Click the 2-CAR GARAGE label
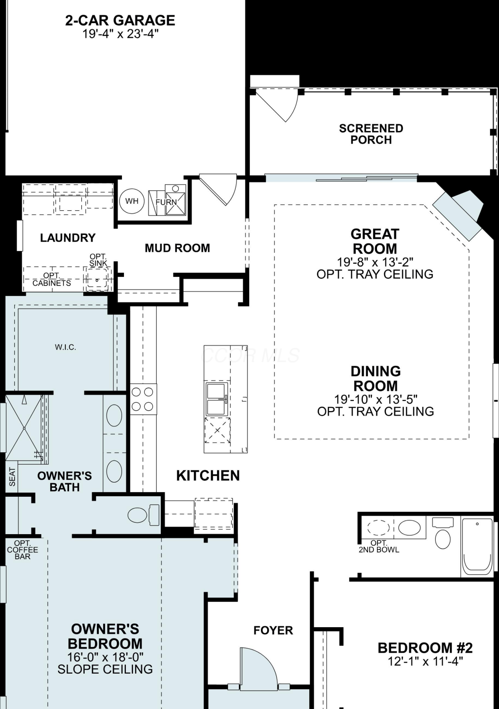[120, 21]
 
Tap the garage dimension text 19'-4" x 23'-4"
[120, 34]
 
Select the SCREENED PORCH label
[371, 134]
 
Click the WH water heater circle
[132, 201]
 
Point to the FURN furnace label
[166, 202]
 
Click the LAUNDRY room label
[68, 238]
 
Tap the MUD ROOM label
[177, 248]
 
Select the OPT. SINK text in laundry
[98, 260]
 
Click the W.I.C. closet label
[66, 347]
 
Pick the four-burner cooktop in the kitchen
[143, 399]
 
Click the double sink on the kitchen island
[217, 399]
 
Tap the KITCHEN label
[208, 476]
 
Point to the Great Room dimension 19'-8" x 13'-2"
[375, 262]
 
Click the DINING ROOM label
[376, 379]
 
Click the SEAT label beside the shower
[12, 476]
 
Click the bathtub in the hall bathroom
[477, 547]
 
